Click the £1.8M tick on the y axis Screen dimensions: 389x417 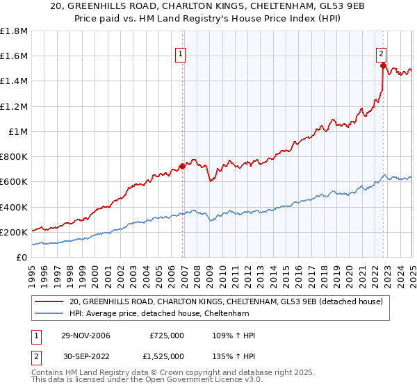14,31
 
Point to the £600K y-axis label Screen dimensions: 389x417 14,182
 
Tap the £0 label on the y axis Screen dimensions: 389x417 22,257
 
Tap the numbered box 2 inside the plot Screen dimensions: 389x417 382,53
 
